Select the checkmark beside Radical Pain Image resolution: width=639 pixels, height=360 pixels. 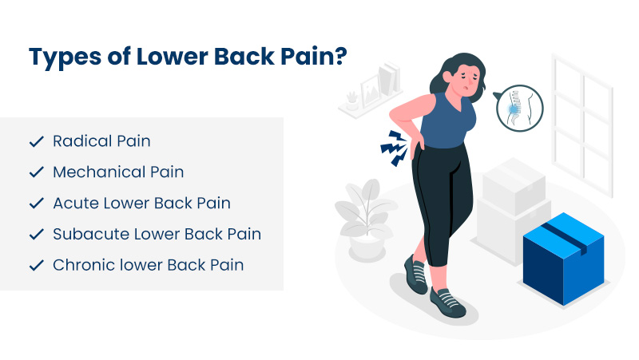tap(36, 142)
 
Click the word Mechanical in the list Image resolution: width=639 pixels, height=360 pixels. tap(87, 172)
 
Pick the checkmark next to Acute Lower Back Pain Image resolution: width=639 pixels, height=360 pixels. tap(36, 204)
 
